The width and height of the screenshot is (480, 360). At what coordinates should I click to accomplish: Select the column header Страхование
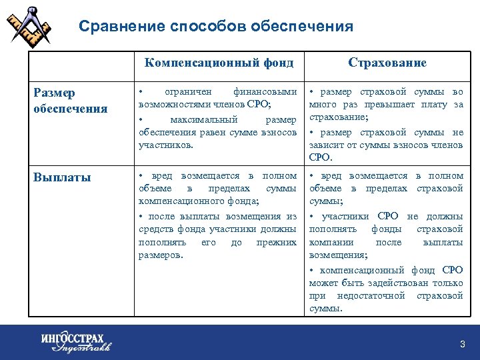[x=387, y=63]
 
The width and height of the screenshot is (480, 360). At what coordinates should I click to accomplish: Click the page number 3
[x=463, y=344]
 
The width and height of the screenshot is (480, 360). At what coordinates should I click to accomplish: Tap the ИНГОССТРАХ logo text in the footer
[x=73, y=338]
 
